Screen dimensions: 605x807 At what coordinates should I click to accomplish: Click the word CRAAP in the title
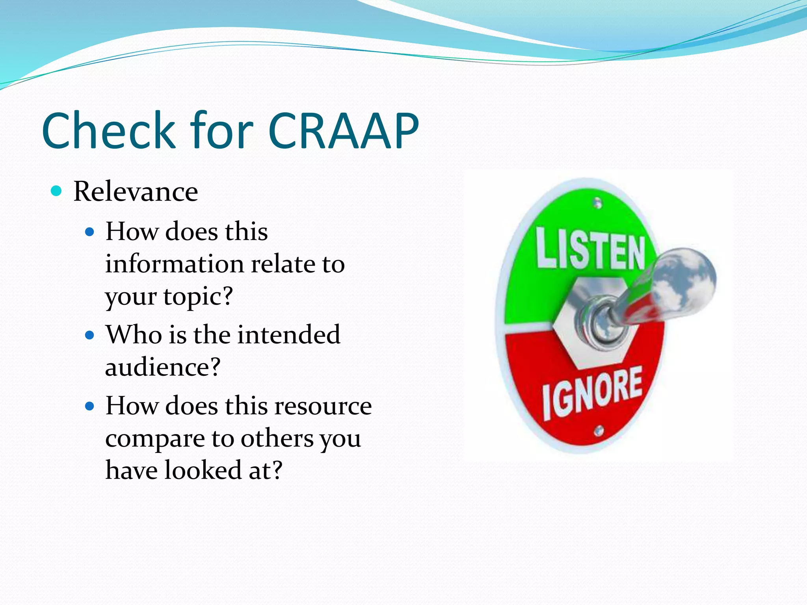(x=343, y=131)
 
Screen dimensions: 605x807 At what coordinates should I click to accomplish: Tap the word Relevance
(x=136, y=192)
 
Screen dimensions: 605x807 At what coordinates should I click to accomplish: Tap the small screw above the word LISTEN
(x=598, y=203)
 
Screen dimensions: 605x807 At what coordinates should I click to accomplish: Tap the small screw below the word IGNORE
(x=599, y=431)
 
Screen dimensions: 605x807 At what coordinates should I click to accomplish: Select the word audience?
(x=163, y=367)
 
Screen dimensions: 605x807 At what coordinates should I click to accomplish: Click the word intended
(x=289, y=335)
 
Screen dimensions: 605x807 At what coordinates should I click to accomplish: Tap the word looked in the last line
(x=203, y=470)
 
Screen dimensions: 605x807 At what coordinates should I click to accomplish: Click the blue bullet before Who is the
(x=90, y=335)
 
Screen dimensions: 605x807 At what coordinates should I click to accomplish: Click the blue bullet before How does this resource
(x=90, y=406)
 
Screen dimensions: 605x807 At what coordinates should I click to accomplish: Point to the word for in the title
(x=221, y=131)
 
